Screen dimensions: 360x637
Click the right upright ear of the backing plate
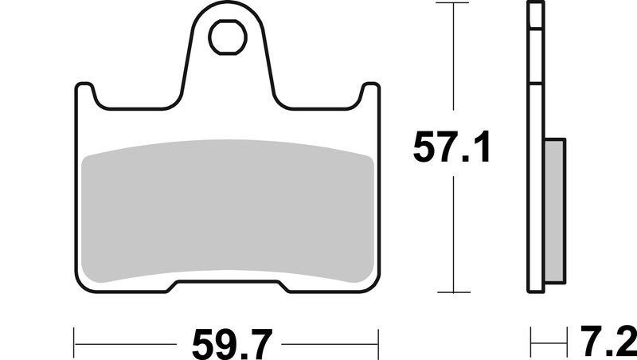point(369,96)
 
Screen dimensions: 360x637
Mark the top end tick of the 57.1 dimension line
point(453,4)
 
